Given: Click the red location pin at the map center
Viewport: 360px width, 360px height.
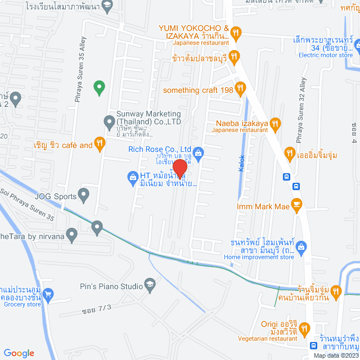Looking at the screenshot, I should (x=179, y=168).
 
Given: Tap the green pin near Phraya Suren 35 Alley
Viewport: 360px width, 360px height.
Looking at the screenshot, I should (x=99, y=86).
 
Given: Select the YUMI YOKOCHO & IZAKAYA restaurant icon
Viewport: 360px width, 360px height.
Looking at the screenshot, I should (x=236, y=35).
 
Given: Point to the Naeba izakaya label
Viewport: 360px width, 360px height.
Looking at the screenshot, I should (x=242, y=123).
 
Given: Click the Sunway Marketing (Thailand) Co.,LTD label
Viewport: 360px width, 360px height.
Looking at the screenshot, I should (x=148, y=121).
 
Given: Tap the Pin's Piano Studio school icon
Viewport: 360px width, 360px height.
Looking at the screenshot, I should (x=150, y=286).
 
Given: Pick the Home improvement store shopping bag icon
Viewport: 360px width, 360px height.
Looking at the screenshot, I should (x=301, y=246).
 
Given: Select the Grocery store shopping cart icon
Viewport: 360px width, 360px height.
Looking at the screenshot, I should (x=48, y=294).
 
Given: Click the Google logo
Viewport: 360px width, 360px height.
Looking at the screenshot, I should (x=19, y=353).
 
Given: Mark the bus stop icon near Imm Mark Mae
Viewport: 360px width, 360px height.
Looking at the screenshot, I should (x=287, y=177).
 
